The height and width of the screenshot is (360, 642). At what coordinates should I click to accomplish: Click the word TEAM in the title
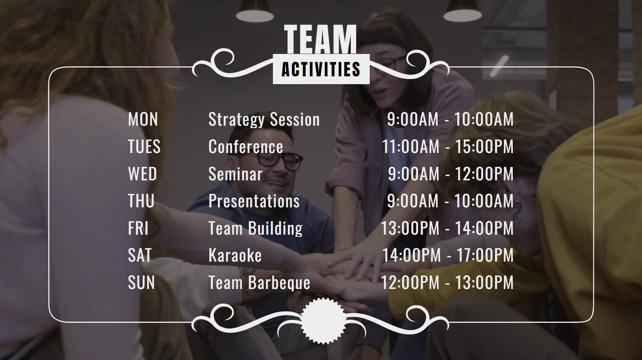click(320, 39)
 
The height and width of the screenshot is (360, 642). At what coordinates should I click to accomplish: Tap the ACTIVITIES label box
click(321, 69)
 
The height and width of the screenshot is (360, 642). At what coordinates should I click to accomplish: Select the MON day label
click(143, 119)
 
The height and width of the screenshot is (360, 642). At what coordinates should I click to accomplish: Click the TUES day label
click(144, 147)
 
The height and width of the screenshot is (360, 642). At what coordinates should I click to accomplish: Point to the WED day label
click(142, 174)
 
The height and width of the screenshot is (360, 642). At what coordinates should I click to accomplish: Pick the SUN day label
click(141, 283)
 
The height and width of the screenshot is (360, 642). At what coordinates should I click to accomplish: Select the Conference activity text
click(246, 147)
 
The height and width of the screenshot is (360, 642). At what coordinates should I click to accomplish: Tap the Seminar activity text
click(235, 174)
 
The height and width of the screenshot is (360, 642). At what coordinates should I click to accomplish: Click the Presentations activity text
click(254, 201)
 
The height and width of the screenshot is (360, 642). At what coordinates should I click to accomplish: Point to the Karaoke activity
click(235, 255)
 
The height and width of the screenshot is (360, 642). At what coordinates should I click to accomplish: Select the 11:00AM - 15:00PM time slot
click(448, 147)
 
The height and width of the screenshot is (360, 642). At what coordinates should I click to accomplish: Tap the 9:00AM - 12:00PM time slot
click(451, 174)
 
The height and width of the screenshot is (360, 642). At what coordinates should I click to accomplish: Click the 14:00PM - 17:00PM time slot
click(448, 255)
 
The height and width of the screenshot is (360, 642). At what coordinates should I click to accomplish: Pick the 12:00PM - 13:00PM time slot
click(447, 283)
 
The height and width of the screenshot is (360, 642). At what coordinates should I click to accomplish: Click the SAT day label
click(140, 255)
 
